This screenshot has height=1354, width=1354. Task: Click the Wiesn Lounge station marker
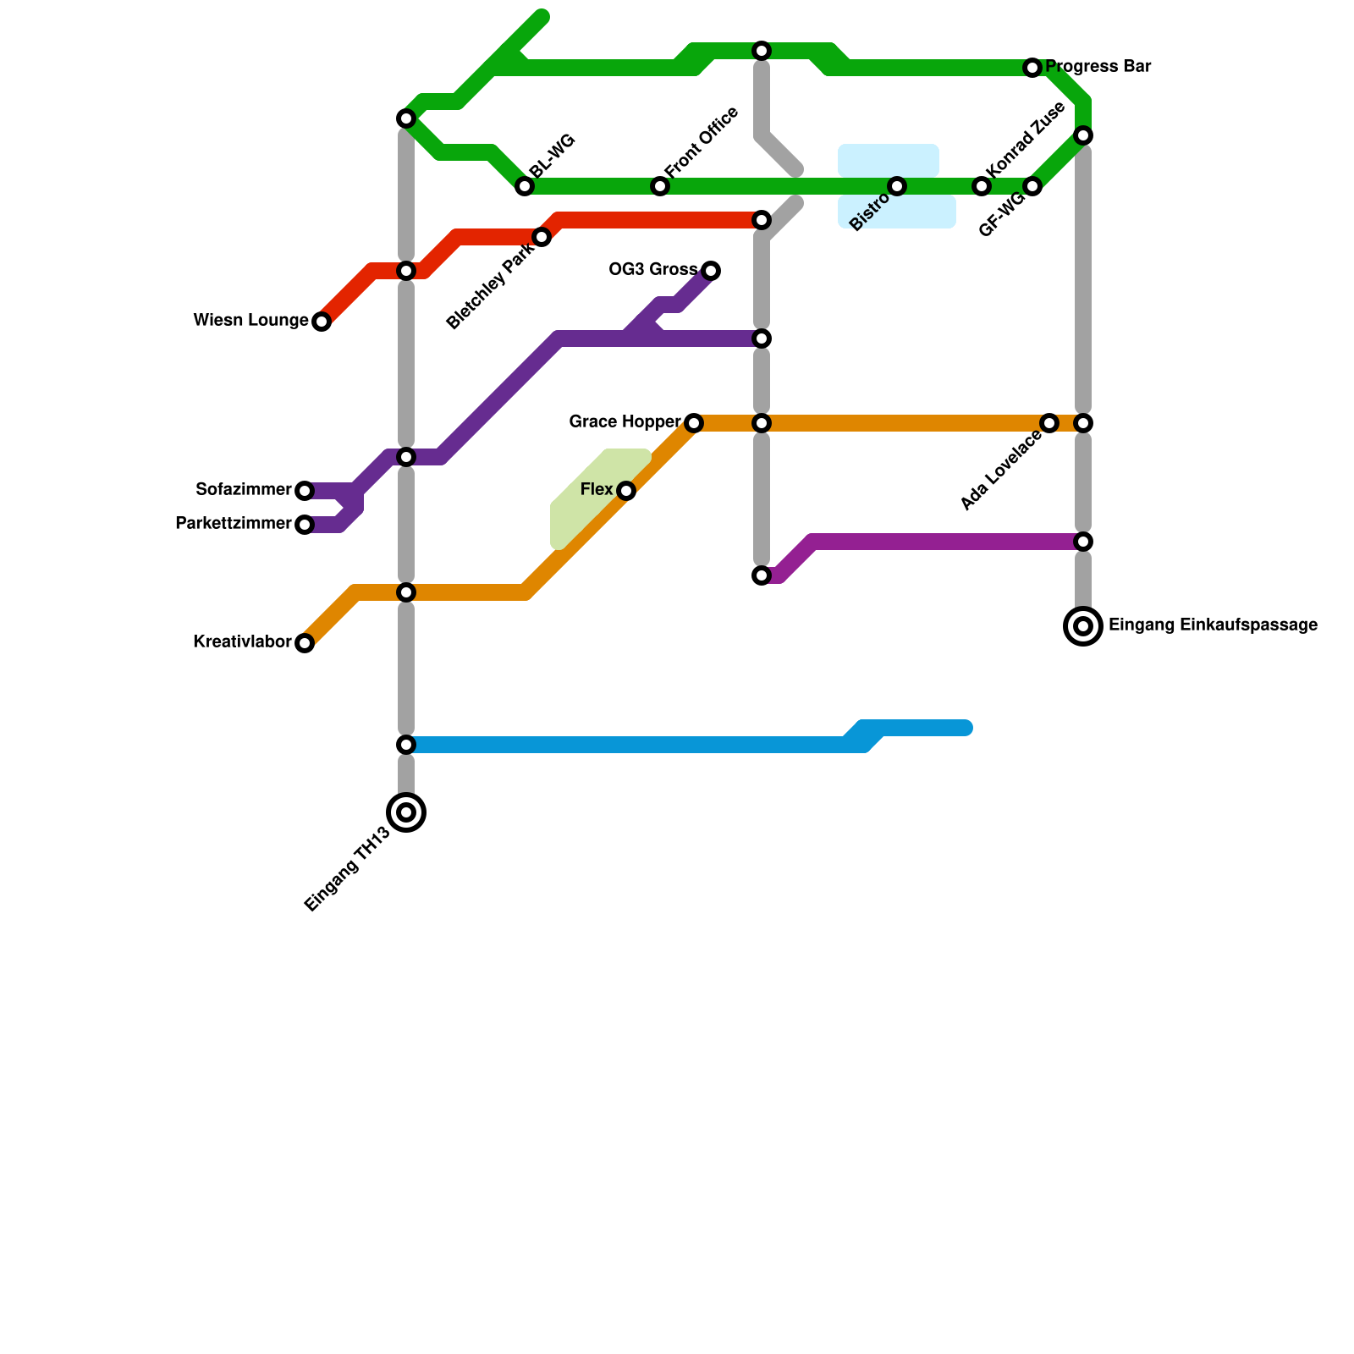coord(322,322)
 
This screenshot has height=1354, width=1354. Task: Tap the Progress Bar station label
coord(1098,67)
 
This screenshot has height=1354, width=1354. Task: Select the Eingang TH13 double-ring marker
coord(406,812)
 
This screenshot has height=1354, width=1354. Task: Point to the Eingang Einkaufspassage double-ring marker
coord(1083,626)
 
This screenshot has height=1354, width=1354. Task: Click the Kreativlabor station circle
coord(305,643)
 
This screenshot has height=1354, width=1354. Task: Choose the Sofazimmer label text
coord(243,490)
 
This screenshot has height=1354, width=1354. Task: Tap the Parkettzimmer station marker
coord(305,525)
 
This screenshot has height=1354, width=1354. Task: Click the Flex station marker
coord(626,491)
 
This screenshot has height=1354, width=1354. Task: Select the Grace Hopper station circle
coord(694,423)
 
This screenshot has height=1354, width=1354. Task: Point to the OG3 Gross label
coord(652,270)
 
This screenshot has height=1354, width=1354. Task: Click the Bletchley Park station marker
coord(542,237)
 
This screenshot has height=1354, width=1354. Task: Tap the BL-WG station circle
coord(525,186)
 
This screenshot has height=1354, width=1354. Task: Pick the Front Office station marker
coord(660,186)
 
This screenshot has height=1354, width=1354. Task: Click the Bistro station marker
coord(897,186)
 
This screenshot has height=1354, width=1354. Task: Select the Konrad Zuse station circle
coord(982,186)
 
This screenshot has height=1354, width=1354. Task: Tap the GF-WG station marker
coord(1032,186)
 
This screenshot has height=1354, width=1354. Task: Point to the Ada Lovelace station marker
coord(1049,423)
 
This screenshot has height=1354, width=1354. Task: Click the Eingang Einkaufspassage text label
coord(1212,626)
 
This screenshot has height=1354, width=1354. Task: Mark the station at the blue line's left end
coord(406,745)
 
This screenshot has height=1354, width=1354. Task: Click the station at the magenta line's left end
coord(762,575)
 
